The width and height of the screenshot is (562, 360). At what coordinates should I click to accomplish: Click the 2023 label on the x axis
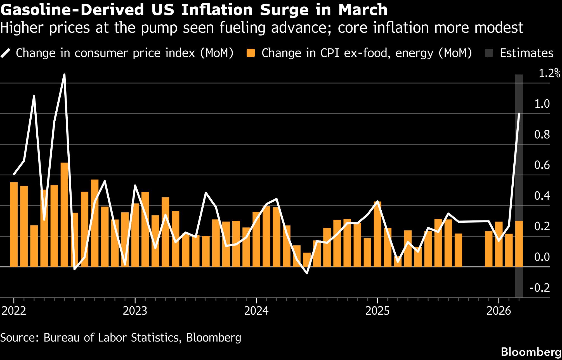[135, 311]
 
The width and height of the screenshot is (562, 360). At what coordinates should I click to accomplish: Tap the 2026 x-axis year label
[499, 311]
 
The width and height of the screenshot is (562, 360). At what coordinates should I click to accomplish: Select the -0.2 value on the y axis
[540, 288]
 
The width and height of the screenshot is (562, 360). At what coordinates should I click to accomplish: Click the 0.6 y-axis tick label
[542, 165]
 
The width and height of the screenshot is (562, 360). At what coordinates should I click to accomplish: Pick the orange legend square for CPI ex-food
[251, 53]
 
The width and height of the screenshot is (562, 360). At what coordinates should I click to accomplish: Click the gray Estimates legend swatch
[489, 53]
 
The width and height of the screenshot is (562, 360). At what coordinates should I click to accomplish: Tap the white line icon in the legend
[5, 53]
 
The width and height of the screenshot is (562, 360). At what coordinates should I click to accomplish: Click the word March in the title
[363, 10]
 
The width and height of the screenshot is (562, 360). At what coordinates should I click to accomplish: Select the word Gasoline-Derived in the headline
[72, 10]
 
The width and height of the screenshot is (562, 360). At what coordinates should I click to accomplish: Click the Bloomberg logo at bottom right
[531, 352]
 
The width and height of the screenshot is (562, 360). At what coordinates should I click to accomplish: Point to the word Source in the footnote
[20, 338]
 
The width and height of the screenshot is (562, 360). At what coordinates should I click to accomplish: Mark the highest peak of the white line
[64, 75]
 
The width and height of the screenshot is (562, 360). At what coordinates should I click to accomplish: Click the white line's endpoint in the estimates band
[519, 114]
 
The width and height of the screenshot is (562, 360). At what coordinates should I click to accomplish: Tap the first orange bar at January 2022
[14, 224]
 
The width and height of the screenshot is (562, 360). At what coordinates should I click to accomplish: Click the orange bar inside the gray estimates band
[519, 243]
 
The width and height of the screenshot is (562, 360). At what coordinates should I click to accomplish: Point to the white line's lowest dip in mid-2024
[307, 273]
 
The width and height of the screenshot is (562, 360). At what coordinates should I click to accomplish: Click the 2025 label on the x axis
[377, 311]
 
